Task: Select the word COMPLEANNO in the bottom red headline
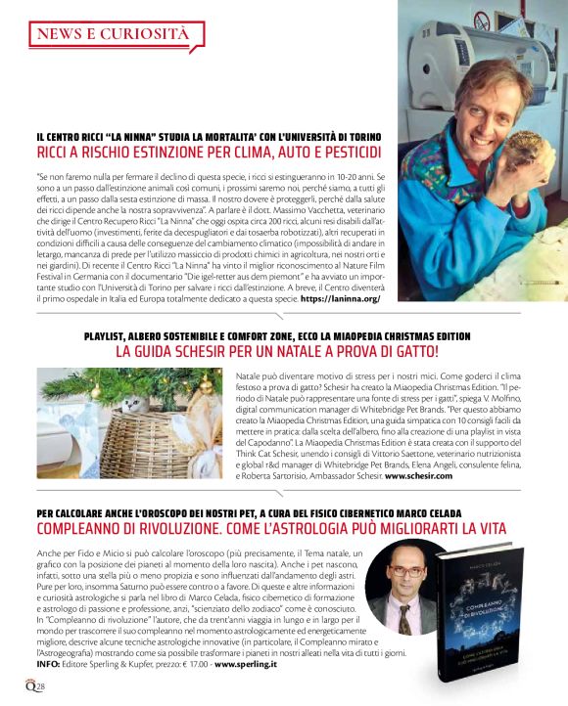tap(83, 528)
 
